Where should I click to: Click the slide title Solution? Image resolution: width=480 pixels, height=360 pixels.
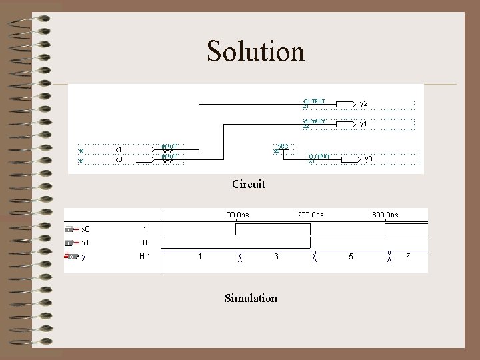[255, 51]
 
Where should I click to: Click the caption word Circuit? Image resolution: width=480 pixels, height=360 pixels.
[249, 183]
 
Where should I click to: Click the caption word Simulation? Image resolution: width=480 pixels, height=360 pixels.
[251, 298]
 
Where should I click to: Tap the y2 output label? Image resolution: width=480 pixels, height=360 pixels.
[363, 104]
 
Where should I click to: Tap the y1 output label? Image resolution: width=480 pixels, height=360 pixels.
[363, 124]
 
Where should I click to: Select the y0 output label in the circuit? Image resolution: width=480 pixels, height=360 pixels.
[368, 159]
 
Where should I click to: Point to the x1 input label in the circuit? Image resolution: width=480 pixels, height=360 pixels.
[118, 149]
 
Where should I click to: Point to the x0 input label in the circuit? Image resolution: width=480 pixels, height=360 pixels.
[118, 159]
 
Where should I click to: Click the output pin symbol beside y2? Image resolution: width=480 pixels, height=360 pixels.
[345, 104]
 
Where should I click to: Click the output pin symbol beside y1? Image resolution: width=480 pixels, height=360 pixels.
[345, 124]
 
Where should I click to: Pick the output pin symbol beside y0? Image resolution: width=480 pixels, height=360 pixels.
[351, 159]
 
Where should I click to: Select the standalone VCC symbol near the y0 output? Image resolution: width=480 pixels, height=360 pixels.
[283, 147]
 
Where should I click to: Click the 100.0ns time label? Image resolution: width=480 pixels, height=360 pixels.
[236, 215]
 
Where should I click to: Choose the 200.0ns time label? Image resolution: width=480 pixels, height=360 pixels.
[311, 215]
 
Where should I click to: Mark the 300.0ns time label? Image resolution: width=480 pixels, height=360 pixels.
[385, 215]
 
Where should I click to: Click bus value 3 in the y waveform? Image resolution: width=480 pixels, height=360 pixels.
[276, 256]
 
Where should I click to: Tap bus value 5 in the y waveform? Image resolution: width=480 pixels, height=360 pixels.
[351, 256]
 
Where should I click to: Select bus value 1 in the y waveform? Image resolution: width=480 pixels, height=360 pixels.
[201, 256]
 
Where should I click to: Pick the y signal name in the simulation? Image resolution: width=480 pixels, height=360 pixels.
[83, 256]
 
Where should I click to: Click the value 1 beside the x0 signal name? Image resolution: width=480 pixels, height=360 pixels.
[145, 229]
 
